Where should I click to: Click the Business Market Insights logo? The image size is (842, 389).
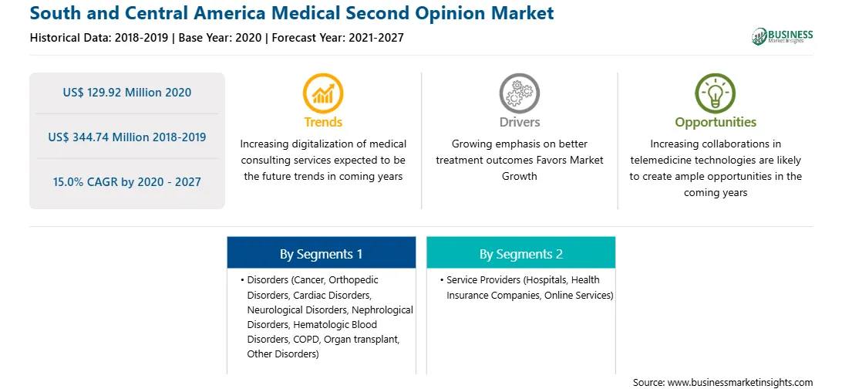[x=783, y=36]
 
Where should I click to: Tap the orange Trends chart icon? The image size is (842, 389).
[x=323, y=93]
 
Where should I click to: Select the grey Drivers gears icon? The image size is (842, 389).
[x=519, y=93]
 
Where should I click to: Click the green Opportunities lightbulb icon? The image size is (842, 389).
[x=716, y=93]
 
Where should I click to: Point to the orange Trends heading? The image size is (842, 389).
[x=323, y=122]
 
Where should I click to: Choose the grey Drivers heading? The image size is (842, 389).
[x=519, y=122]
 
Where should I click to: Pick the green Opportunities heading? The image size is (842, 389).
[x=716, y=123]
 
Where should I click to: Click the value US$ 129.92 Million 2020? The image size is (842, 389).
[x=126, y=93]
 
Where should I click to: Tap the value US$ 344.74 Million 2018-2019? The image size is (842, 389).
[x=126, y=137]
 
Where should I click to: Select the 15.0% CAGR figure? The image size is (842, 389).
[x=126, y=181]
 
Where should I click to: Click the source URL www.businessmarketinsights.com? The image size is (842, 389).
[x=739, y=382]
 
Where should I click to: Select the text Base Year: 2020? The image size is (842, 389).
[x=221, y=38]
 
